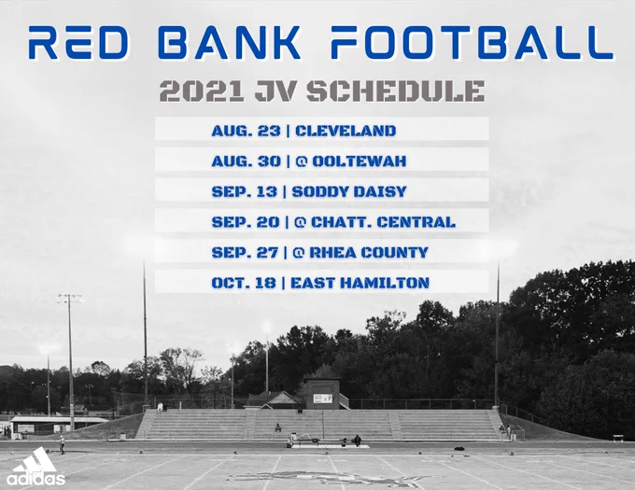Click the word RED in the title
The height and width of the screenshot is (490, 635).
tap(78, 43)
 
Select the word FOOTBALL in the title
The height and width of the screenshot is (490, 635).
tap(473, 43)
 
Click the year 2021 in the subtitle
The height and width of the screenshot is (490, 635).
tap(202, 91)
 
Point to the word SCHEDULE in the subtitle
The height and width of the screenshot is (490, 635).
tap(396, 91)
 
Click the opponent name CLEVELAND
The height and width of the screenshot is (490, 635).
tap(346, 131)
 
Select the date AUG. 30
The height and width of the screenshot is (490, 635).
tap(246, 161)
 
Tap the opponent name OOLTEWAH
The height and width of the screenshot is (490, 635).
tap(360, 161)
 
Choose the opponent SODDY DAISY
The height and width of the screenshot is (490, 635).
tap(349, 191)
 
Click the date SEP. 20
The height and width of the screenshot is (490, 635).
tap(246, 222)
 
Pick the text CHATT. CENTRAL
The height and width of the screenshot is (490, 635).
tap(383, 222)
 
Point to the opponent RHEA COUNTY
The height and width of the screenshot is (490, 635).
tap(369, 253)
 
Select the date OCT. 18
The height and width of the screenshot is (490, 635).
tap(244, 283)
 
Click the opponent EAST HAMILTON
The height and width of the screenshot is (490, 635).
tap(360, 283)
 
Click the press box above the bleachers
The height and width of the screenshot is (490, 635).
tap(322, 393)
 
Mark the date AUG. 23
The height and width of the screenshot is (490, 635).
tap(246, 131)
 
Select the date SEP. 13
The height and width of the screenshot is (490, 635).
tap(245, 191)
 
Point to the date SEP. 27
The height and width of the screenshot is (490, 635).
tap(245, 253)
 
